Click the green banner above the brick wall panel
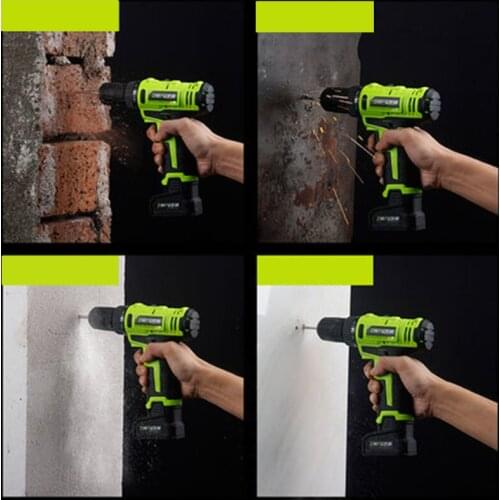(60, 15)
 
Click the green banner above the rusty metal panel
(315, 16)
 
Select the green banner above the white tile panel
(315, 270)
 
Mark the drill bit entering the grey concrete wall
(83, 317)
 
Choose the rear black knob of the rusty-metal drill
(431, 103)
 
